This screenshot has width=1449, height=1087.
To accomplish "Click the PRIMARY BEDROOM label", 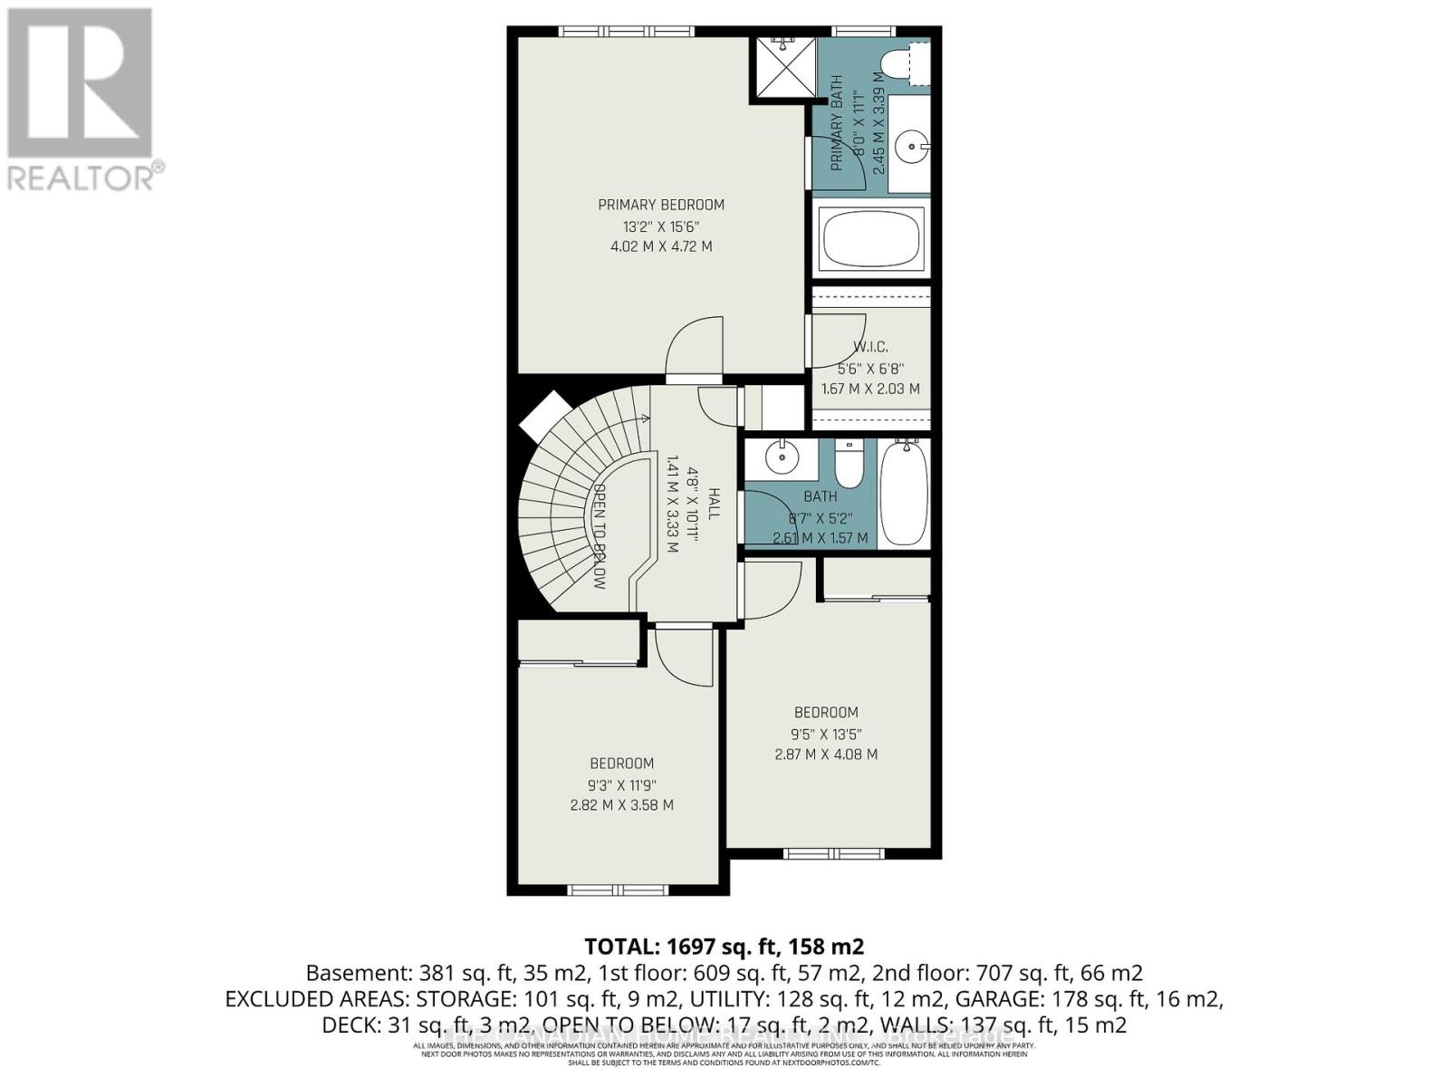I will tap(660, 205).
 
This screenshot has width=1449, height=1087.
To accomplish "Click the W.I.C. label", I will tap(870, 347).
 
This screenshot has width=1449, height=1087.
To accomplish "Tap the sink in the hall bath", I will tap(780, 458).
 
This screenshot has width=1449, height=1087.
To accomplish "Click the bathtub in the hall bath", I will tap(904, 494).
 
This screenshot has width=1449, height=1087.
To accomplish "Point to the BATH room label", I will tap(820, 496).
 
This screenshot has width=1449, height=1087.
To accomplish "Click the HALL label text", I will tap(714, 504).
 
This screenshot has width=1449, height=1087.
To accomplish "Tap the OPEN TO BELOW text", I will tap(599, 537).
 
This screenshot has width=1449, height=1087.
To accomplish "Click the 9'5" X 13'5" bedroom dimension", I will tap(826, 734).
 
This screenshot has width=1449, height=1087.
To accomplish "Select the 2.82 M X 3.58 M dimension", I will tap(621, 805).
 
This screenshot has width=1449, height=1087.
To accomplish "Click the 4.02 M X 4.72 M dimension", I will tap(660, 246).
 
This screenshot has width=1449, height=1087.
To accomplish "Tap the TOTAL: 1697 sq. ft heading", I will tap(724, 947).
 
